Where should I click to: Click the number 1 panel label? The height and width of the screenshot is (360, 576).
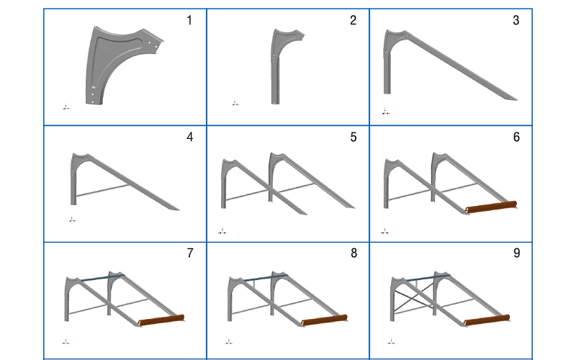tap(189, 20)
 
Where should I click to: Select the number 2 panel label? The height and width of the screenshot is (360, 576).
tap(353, 20)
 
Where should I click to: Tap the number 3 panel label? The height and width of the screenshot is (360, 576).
tap(516, 20)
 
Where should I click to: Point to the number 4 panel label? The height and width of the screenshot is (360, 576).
tap(189, 137)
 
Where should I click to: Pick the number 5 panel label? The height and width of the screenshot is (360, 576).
tap(353, 137)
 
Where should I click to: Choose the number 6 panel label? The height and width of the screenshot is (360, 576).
tap(516, 137)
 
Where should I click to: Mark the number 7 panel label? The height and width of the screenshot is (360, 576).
tap(189, 253)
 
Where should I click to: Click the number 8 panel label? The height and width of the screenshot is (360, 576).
tap(353, 253)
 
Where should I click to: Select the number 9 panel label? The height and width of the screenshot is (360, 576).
tap(516, 253)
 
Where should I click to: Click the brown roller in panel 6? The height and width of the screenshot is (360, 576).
tap(492, 207)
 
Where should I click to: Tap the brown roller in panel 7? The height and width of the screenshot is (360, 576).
tap(161, 320)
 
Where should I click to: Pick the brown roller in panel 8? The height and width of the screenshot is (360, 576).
tap(325, 321)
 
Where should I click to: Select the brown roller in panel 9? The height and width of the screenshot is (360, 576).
tap(487, 321)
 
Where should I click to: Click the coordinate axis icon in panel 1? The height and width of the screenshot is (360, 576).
tap(66, 107)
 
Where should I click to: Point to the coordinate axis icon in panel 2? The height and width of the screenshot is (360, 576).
tap(235, 104)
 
